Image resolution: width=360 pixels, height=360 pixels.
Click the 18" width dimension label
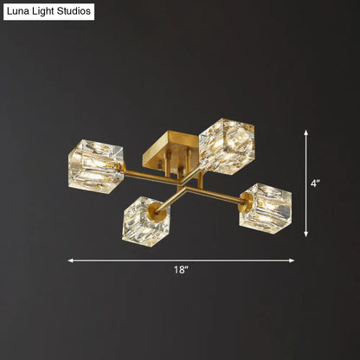coord(179,271)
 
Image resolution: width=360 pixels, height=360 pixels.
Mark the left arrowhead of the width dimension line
coord(71,260)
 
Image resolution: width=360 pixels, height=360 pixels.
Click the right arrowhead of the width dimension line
coord(292,260)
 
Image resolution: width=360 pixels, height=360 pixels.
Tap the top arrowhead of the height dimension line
coord(307,132)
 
